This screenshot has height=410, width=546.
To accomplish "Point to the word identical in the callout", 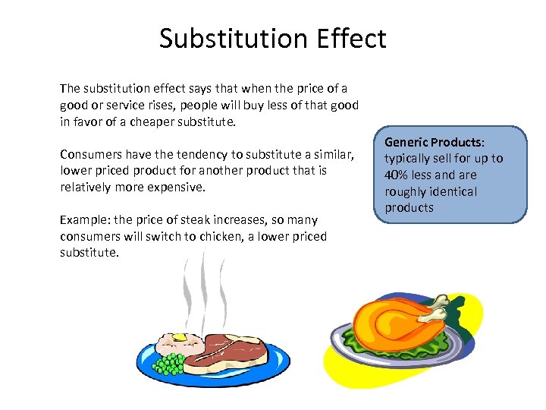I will pos(451,191).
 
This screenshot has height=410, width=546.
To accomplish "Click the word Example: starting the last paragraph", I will pos(83,220).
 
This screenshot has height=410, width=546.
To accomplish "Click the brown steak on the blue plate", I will pos(234,351).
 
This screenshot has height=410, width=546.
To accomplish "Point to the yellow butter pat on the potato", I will pos(179,337).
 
